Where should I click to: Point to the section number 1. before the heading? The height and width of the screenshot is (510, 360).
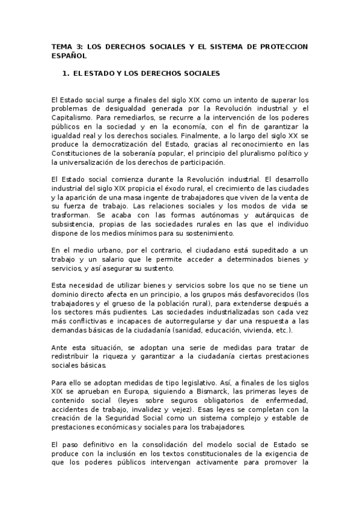tap(67, 73)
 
